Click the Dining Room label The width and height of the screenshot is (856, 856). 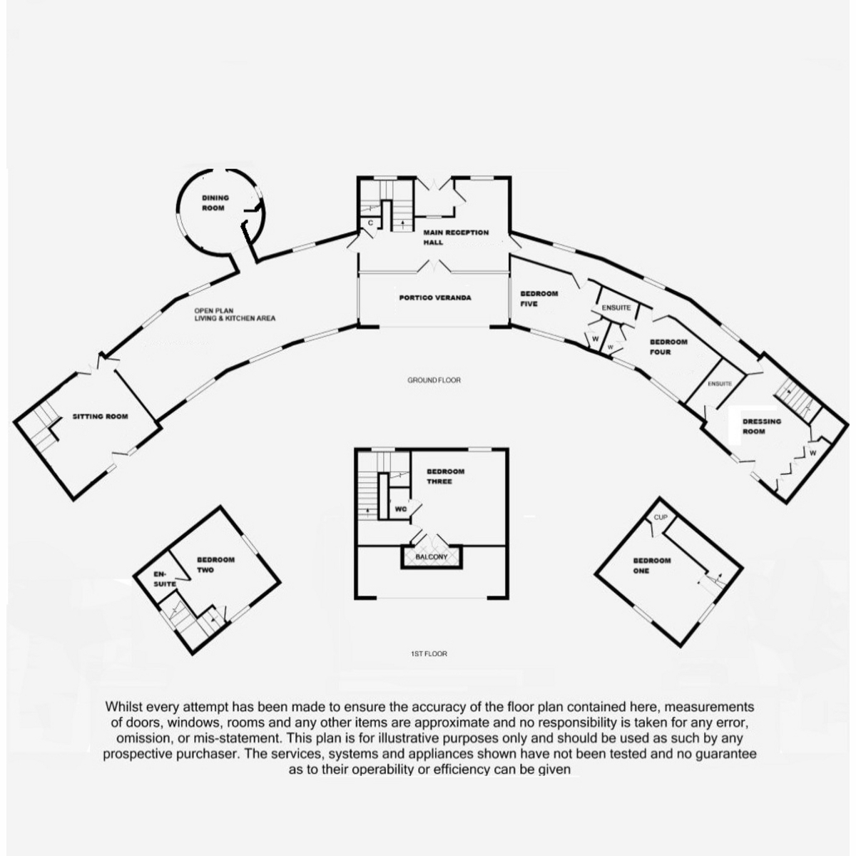tap(215, 203)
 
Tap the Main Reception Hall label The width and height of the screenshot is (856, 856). tap(456, 237)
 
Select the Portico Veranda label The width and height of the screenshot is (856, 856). tap(434, 297)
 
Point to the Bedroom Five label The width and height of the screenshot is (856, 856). tap(539, 298)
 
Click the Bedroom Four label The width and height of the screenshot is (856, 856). tap(668, 346)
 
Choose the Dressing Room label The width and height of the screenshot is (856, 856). tap(762, 426)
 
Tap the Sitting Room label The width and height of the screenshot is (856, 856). tap(100, 416)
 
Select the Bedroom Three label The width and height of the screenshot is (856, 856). tap(445, 476)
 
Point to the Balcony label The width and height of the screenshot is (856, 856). tap(431, 556)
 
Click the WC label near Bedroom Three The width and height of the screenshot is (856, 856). tap(400, 510)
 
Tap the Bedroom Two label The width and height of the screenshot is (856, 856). tap(215, 564)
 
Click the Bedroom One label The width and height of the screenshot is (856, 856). tap(651, 565)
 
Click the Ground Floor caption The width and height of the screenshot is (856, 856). tap(434, 380)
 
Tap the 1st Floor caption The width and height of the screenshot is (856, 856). tap(429, 653)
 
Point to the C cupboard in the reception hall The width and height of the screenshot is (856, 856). tap(370, 223)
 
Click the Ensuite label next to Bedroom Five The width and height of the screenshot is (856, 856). tap(616, 307)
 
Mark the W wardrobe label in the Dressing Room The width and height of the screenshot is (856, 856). tap(812, 452)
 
